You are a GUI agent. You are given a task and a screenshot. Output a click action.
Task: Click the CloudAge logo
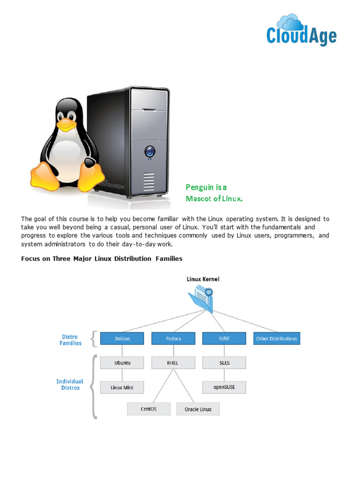coord(301,30)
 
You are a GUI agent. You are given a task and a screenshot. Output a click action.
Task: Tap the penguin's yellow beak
coord(67,125)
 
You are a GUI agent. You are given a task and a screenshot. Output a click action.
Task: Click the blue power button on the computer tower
coord(150,151)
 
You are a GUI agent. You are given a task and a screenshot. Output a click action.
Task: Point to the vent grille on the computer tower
coord(149,181)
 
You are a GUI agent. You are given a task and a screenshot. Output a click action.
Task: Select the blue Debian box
coord(122,338)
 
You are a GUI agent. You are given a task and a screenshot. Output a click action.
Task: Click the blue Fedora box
coord(173,338)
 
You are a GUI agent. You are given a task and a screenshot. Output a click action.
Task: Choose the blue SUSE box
coord(224,338)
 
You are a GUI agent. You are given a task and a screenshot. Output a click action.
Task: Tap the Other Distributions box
coord(277,338)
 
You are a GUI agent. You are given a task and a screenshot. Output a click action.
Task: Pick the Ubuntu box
coord(122,363)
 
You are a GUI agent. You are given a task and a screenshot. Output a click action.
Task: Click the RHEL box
coord(173,363)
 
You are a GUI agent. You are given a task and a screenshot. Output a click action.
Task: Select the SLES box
coord(224,363)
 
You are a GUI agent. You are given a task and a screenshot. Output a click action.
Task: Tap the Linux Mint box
coord(122,387)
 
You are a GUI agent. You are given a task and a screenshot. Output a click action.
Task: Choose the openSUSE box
coord(224,387)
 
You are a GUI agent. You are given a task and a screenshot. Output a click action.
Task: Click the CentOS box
coord(149,409)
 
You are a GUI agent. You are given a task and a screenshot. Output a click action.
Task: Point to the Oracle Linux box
coord(198,409)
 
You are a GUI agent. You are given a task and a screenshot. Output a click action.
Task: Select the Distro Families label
coord(70,340)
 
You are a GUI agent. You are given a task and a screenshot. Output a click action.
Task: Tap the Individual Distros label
coord(70,384)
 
